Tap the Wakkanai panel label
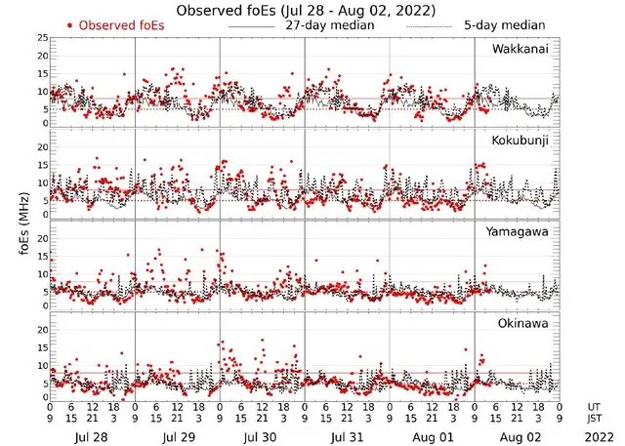[521, 49]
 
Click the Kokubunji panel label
[519, 141]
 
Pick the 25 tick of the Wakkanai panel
[40, 37]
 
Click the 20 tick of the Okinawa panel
[40, 330]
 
